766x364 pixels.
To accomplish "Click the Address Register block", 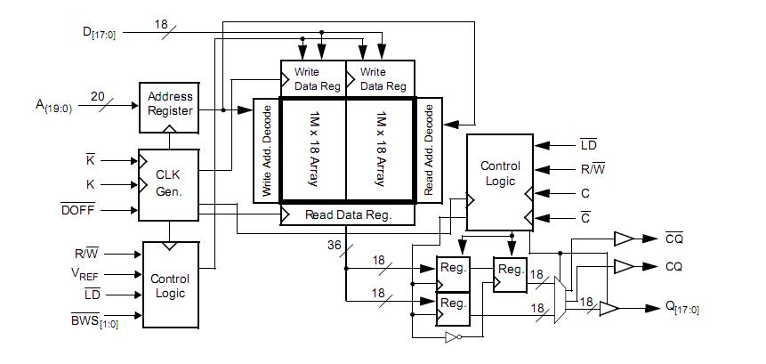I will coord(169,104).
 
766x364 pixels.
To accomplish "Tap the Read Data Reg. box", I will coord(348,214).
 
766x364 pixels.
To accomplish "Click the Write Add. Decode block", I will coord(267,150).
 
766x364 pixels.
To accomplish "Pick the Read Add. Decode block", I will coord(428,150).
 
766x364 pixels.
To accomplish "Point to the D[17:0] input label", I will coord(99,33).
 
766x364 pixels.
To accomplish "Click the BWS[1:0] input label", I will coord(94,320).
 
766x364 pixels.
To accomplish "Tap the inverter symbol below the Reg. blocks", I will coord(454,337).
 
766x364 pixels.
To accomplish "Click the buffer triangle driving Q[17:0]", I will coord(609,308).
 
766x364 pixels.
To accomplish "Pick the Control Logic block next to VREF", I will coord(169,285).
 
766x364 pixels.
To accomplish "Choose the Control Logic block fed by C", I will coord(500,182).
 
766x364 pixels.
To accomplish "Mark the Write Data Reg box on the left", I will coord(312,78).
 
